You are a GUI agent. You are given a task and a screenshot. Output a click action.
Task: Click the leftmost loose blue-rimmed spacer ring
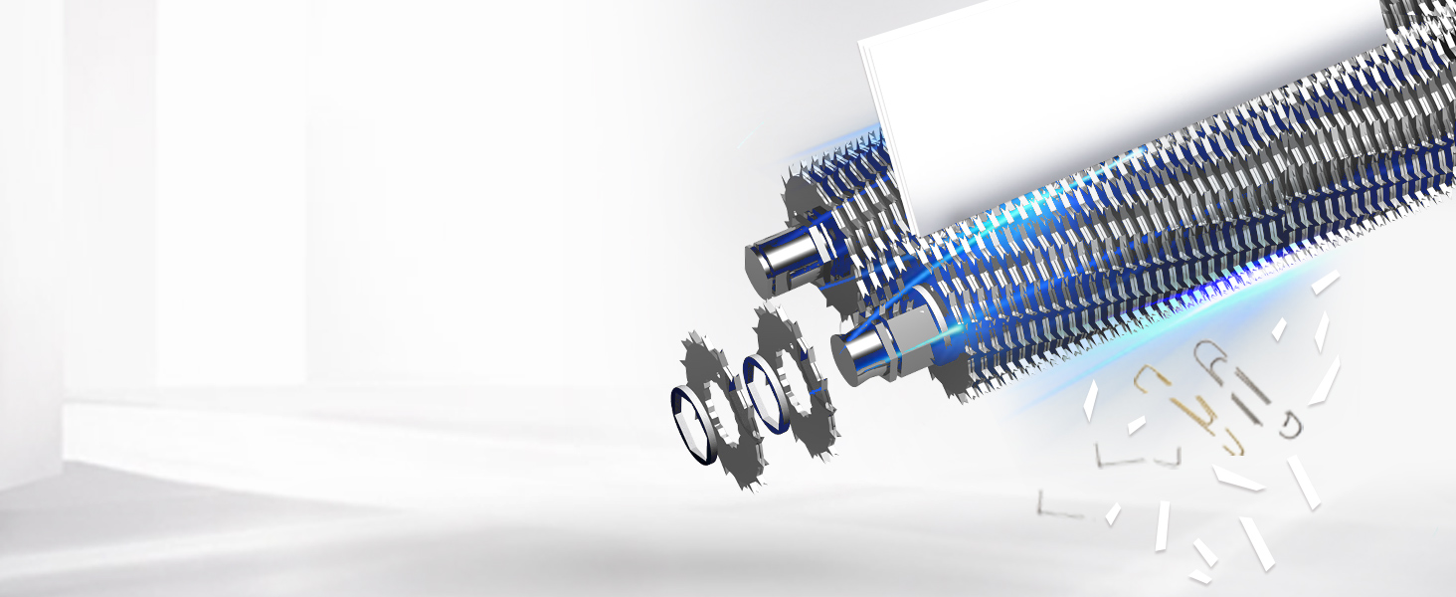pyautogui.click(x=693, y=423)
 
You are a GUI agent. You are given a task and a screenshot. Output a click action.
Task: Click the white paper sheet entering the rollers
pyautogui.click(x=1094, y=99)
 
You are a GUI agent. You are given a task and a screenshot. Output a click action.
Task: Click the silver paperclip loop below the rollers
pyautogui.click(x=1213, y=358)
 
